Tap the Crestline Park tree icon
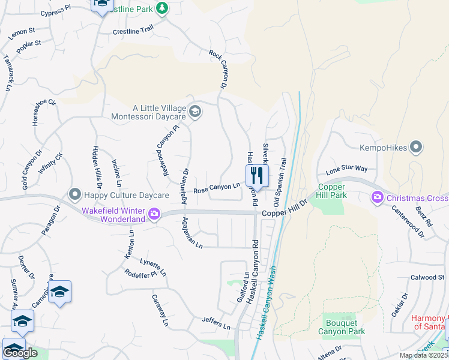[161, 8]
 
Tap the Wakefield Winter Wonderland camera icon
[154, 214]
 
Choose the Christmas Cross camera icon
[378, 197]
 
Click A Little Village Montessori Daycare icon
[194, 112]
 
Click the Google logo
[20, 353]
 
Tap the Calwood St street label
[427, 277]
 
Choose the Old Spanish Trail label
[280, 179]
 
